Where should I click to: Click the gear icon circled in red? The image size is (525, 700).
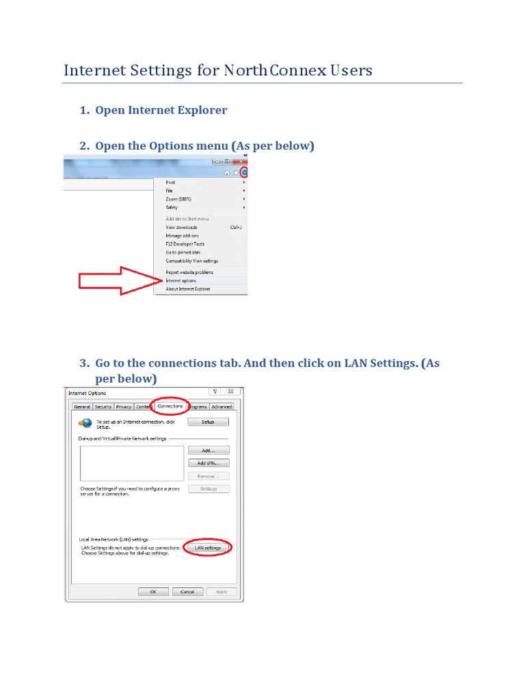coord(243,172)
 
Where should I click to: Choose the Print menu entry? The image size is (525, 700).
coord(170,183)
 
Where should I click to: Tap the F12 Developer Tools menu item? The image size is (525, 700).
coord(185,244)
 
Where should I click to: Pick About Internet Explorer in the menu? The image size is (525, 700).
coord(187,289)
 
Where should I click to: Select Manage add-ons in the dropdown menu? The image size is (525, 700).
coord(183,236)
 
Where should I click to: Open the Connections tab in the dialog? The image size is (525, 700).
coord(170,406)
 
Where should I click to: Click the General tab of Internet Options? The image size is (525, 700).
coord(81,407)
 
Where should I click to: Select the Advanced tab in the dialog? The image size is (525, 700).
coord(221,407)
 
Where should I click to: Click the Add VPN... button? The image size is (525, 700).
coord(208,463)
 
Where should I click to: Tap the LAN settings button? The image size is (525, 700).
coord(208,548)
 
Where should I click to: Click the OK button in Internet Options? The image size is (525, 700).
coord(153,592)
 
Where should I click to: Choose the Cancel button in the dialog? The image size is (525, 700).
coord(187,592)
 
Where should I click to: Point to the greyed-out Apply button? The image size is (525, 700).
coord(221,592)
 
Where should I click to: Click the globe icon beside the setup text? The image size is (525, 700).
coord(85,424)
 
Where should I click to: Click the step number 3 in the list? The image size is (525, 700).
coord(84,363)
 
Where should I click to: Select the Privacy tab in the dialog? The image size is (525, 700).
coord(124,407)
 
